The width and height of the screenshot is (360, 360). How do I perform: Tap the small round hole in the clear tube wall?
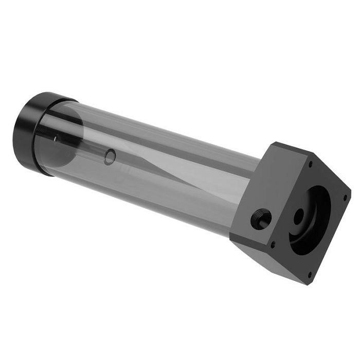pyautogui.click(x=109, y=156)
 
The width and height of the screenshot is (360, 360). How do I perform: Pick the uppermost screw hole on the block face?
pyautogui.click(x=311, y=164)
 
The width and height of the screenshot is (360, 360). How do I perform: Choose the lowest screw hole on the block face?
pyautogui.click(x=309, y=275)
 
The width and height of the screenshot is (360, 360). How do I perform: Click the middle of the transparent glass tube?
pyautogui.click(x=154, y=165)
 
